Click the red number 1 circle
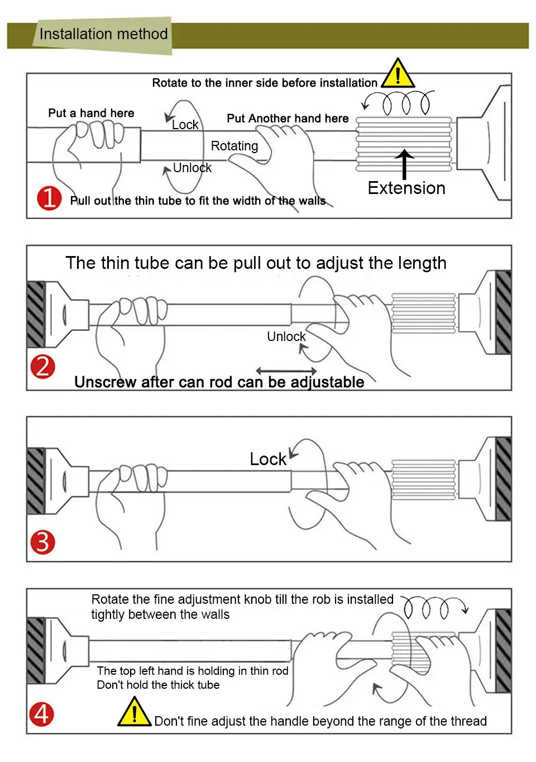pos(49,198)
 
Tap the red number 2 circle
pos(42,367)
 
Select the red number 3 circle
pos(42,542)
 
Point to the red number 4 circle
pos(41,714)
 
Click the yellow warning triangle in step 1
pos(398,74)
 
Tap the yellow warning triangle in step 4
pos(135,712)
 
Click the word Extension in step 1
pos(406,188)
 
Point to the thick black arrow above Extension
pos(404,164)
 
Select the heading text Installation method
pos(104,34)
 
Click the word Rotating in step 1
pos(234,146)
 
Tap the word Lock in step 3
pos(268,459)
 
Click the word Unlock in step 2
pos(286,337)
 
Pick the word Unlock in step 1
pos(192,168)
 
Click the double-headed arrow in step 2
pos(286,371)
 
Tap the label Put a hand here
pos(91,113)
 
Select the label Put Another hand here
pos(288,119)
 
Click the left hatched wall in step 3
pos(36,481)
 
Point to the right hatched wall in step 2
pos(503,313)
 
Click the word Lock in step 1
pos(185,125)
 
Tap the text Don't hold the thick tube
pos(158,685)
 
